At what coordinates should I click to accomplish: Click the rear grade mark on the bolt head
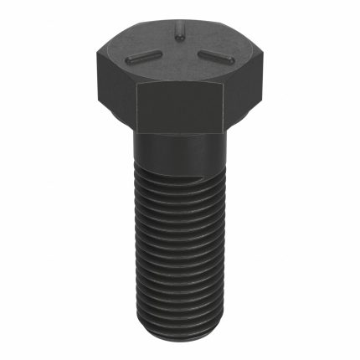pyautogui.click(x=178, y=33)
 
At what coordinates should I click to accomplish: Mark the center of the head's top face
pyautogui.click(x=178, y=52)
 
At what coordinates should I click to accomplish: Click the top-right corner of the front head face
pyautogui.click(x=224, y=84)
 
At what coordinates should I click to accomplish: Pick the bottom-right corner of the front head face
pyautogui.click(x=224, y=134)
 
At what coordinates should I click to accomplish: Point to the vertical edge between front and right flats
pyautogui.click(x=224, y=109)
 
